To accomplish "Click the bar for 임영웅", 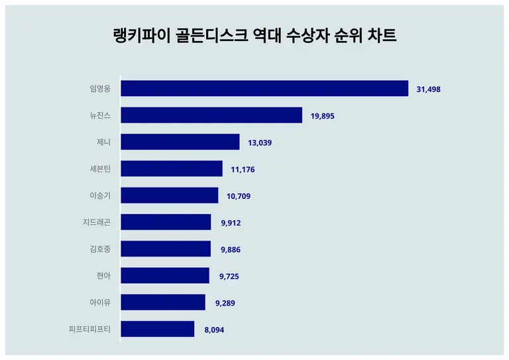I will tap(264, 89).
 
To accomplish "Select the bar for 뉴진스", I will tap(211, 115).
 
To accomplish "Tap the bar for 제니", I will tap(180, 142).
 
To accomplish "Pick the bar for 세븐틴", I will tap(172, 169).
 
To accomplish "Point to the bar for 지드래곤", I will tap(166, 222).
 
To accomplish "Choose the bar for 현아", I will tap(165, 275).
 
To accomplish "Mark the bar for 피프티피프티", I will tap(158, 329).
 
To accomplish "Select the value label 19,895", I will tap(323, 116).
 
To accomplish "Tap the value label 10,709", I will tap(239, 196).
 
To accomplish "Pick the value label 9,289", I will tap(225, 303).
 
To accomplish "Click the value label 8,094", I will tap(214, 330).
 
